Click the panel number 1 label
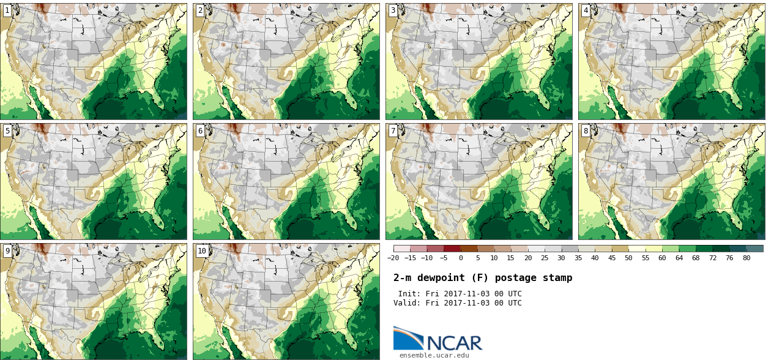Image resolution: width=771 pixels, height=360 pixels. (7, 10)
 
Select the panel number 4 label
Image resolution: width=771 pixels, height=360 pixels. (586, 10)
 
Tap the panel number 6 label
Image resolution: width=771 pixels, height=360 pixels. (200, 131)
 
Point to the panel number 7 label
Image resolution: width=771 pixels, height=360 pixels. (393, 131)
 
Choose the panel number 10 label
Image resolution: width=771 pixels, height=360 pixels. (202, 251)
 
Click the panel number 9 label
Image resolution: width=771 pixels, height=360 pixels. (7, 251)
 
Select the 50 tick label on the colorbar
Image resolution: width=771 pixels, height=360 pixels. (628, 258)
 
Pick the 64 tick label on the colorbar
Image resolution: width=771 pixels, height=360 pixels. (679, 258)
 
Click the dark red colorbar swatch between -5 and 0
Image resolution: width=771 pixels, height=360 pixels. (452, 249)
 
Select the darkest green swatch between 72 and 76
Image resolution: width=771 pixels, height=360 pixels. (721, 249)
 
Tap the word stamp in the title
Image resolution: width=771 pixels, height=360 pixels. (557, 278)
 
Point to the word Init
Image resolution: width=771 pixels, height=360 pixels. (409, 294)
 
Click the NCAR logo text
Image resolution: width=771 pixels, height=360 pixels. (455, 343)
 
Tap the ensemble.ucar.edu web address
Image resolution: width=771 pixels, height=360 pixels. (434, 355)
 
